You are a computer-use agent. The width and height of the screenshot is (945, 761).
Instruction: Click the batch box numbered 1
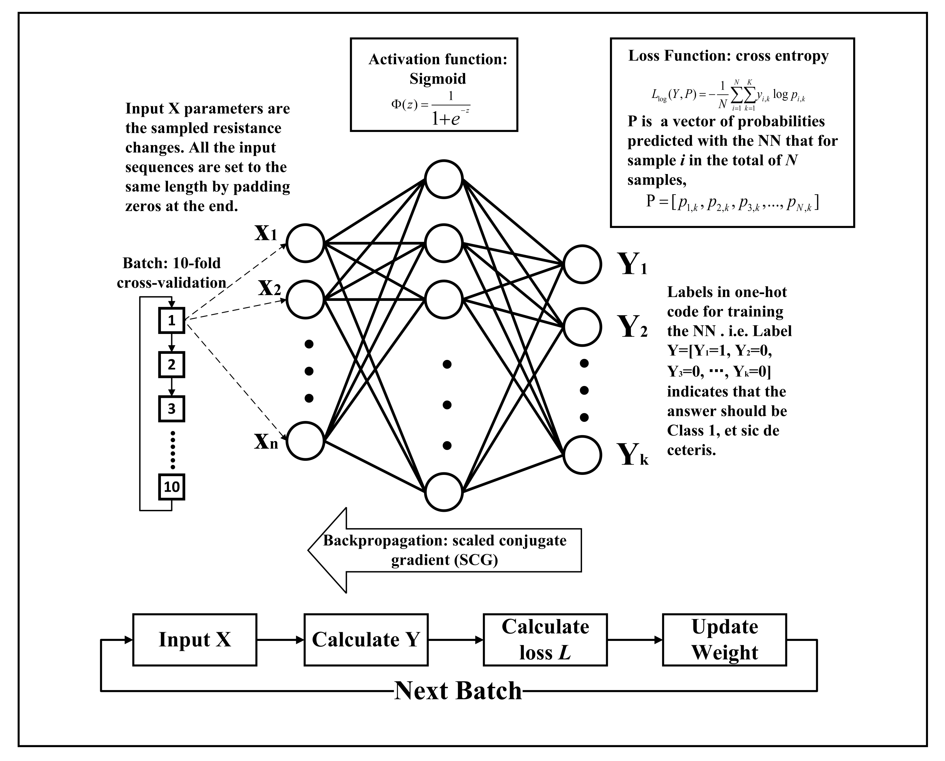172,320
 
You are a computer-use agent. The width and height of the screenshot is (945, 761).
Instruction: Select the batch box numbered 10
172,486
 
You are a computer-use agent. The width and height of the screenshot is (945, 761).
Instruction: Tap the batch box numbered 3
172,408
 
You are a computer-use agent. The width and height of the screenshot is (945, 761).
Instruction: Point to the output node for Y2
582,327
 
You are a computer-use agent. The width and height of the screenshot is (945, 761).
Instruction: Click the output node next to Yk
582,455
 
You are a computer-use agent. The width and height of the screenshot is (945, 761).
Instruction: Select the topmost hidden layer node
444,179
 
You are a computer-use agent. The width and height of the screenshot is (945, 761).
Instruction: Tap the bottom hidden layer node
444,492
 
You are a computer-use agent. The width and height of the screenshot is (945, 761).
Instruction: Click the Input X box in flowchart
195,640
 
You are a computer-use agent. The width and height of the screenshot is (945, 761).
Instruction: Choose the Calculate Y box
366,640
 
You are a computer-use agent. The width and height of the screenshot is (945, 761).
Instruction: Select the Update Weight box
724,640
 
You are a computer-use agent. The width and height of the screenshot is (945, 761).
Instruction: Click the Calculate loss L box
545,640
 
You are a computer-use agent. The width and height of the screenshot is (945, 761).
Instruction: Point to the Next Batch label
458,691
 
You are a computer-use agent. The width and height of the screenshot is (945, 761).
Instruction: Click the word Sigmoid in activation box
437,79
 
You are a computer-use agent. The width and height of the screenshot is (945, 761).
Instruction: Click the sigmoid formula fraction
451,107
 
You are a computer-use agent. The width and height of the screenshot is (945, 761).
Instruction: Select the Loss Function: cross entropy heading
729,56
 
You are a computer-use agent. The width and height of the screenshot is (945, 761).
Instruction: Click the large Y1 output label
631,264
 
